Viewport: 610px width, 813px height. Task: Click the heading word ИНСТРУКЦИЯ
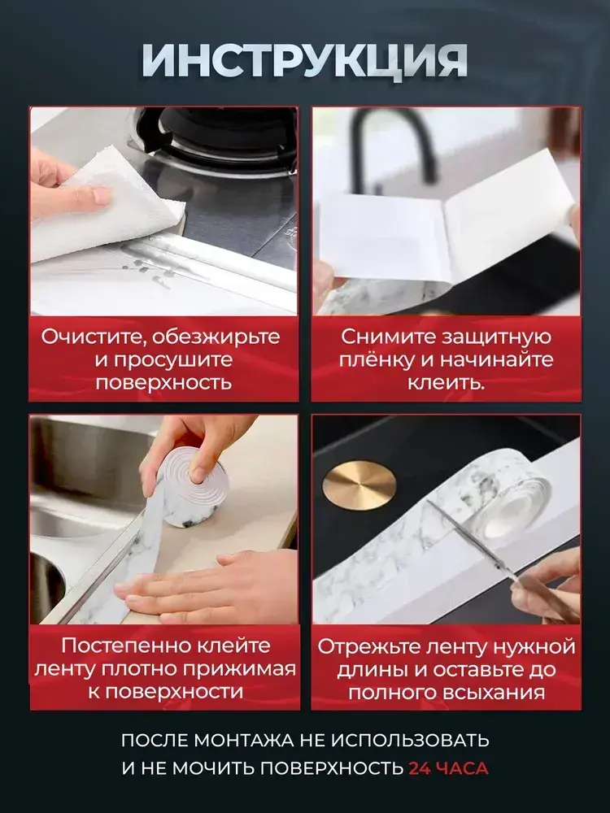[304, 61]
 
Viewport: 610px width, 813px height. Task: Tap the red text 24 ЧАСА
[448, 768]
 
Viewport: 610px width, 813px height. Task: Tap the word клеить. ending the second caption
[446, 383]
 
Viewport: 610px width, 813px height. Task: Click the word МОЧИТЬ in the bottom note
[216, 768]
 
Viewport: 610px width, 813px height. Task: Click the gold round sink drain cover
[359, 485]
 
